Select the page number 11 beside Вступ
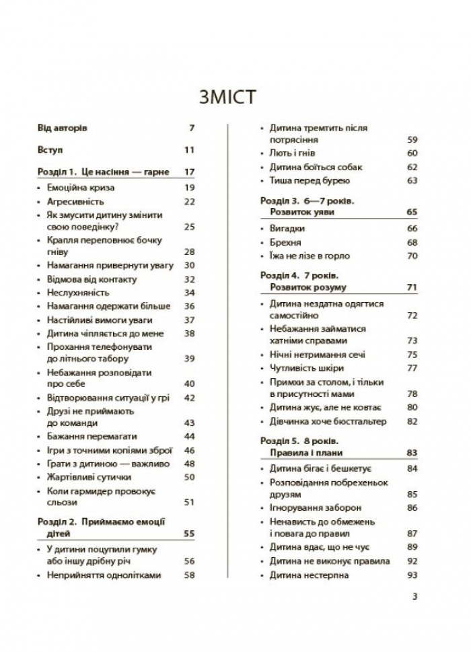point(188,149)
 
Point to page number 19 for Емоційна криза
point(188,187)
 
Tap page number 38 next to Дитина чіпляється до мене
point(188,332)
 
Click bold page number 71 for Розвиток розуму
point(412,287)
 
